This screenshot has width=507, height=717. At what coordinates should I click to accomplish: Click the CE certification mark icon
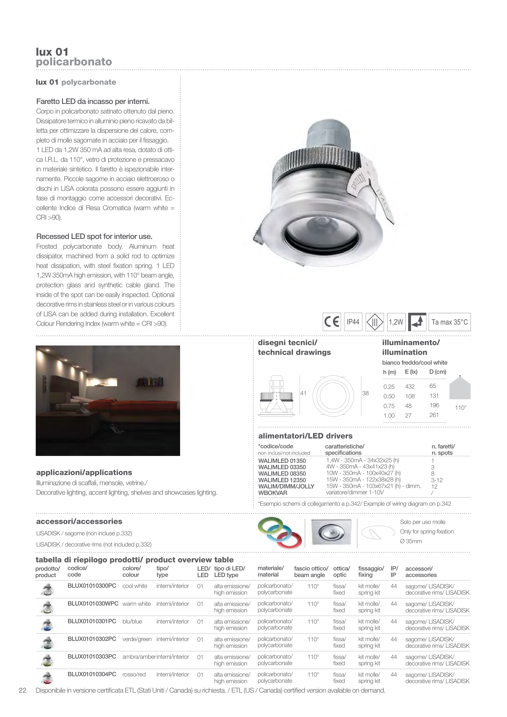(331, 322)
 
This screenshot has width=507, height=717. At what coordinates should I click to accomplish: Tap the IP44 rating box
(353, 322)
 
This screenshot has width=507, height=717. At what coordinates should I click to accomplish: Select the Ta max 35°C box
(450, 322)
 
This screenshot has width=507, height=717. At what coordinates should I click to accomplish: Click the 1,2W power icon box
(396, 322)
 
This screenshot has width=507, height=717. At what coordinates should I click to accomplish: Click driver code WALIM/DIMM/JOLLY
(286, 486)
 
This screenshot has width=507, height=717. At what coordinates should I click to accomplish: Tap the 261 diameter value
(434, 415)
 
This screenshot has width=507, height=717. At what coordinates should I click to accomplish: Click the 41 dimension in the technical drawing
(303, 393)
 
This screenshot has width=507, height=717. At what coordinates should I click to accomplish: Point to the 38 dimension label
(365, 393)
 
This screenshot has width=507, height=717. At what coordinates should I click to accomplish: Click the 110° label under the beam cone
(461, 408)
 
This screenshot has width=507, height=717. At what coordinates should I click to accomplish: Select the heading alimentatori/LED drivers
(305, 436)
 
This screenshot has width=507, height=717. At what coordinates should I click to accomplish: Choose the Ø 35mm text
(411, 541)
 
